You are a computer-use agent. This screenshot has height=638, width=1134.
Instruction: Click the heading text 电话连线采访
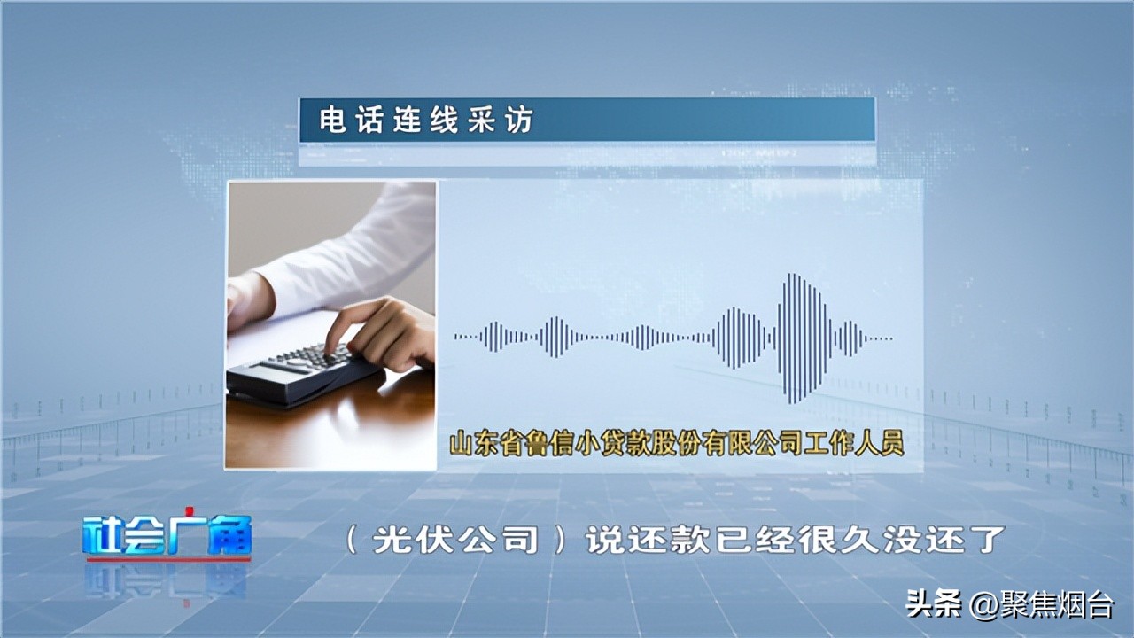point(426,121)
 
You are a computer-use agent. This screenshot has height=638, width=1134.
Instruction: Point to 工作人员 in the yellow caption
point(859,443)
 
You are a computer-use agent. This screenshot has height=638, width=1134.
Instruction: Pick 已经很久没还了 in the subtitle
point(858,540)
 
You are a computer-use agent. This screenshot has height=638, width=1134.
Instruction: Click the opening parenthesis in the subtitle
point(352,540)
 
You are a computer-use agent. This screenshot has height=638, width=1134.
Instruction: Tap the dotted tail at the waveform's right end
point(880,338)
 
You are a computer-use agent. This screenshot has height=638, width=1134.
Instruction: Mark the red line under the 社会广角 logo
point(167,559)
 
